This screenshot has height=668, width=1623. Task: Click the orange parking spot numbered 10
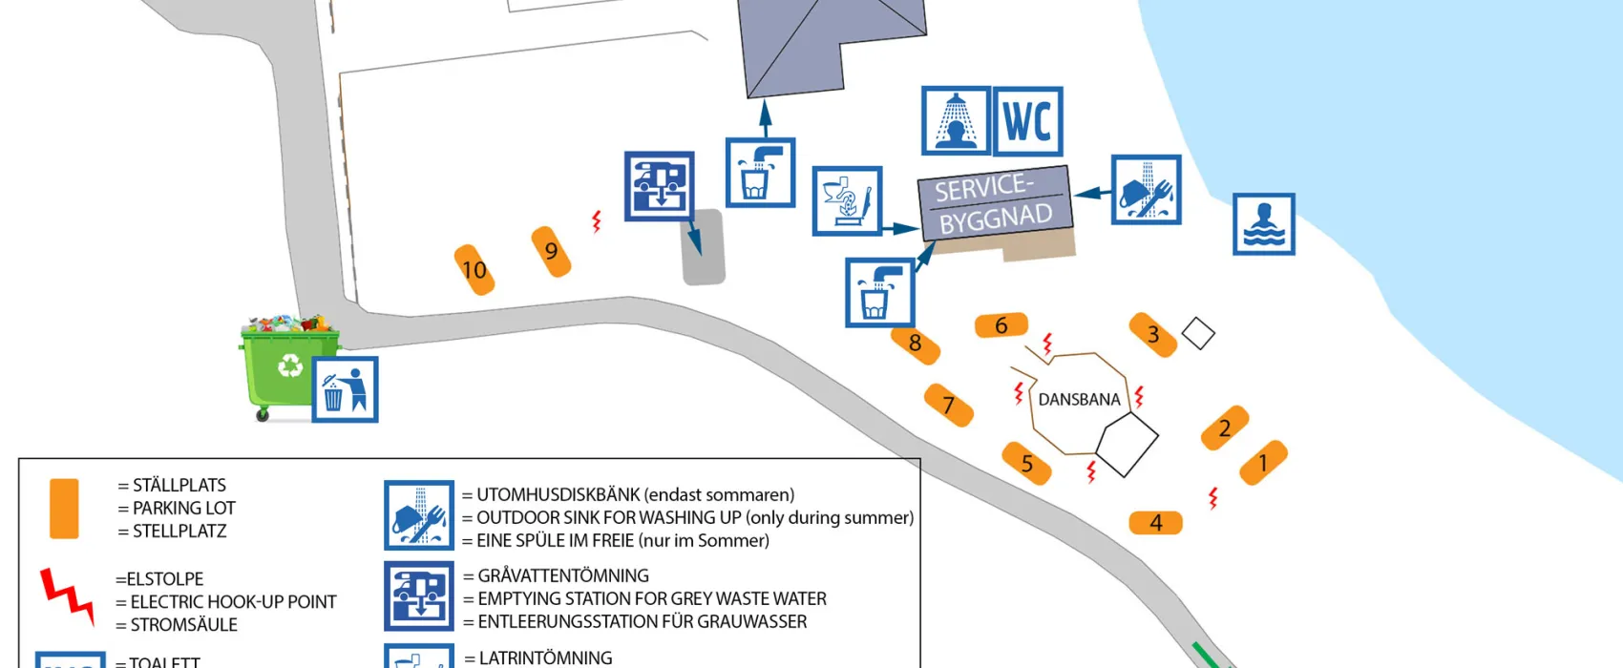pyautogui.click(x=474, y=270)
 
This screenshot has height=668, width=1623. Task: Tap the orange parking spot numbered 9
pyautogui.click(x=551, y=251)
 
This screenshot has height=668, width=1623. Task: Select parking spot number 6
pyautogui.click(x=1001, y=325)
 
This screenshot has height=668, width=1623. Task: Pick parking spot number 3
pyautogui.click(x=1152, y=334)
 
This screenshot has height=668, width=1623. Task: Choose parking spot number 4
pyautogui.click(x=1155, y=523)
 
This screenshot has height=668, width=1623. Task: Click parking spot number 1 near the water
pyautogui.click(x=1263, y=463)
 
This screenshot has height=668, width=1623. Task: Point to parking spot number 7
pyautogui.click(x=948, y=405)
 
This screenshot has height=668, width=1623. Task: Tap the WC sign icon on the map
pyautogui.click(x=1028, y=121)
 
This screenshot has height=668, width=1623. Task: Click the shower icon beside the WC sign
pyautogui.click(x=956, y=121)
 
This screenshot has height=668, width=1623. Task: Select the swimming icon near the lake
pyautogui.click(x=1263, y=224)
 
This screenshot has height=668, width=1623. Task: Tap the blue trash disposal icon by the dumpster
pyautogui.click(x=345, y=389)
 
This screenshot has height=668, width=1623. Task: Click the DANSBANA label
pyautogui.click(x=1079, y=400)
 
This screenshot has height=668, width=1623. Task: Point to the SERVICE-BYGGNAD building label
pyautogui.click(x=995, y=202)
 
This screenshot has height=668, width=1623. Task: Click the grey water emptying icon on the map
pyautogui.click(x=659, y=186)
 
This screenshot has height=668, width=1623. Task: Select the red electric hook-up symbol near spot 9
pyautogui.click(x=597, y=221)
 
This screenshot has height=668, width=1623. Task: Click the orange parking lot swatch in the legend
pyautogui.click(x=64, y=509)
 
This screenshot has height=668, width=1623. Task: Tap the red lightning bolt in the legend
pyautogui.click(x=67, y=595)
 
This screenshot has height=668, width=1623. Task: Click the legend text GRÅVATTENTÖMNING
pyautogui.click(x=562, y=575)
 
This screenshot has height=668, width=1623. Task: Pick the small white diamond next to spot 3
pyautogui.click(x=1198, y=333)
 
